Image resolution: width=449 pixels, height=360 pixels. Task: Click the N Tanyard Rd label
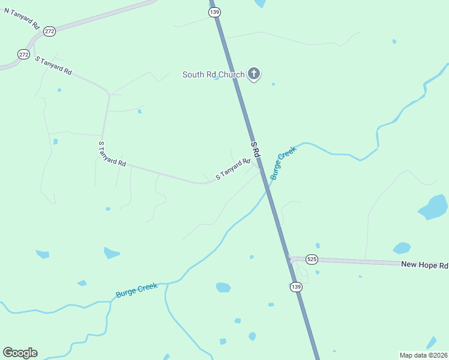tap(22, 19)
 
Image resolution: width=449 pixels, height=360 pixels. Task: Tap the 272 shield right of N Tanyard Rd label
tap(49, 31)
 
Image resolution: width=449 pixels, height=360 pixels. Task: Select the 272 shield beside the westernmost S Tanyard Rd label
tap(23, 54)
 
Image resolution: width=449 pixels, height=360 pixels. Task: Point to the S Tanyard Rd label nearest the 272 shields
tap(53, 65)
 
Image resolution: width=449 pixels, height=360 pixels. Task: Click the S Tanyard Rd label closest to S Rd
tap(232, 169)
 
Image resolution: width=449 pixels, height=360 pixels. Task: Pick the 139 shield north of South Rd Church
tap(214, 12)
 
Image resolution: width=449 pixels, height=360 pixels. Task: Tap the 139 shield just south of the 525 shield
tap(296, 287)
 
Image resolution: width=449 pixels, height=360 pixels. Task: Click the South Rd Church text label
tap(213, 75)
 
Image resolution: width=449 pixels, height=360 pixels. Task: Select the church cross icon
tap(254, 74)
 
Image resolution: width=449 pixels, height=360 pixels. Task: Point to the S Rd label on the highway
tap(255, 149)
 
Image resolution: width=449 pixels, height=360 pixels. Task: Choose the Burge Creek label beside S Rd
tap(283, 164)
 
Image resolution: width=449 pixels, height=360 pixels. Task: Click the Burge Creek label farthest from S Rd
tap(136, 290)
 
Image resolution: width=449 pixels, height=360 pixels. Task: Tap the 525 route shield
tap(311, 259)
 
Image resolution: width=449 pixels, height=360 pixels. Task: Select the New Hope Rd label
tap(424, 265)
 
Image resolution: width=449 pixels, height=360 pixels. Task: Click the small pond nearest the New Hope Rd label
tap(402, 248)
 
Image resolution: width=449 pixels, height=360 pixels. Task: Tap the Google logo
tap(20, 353)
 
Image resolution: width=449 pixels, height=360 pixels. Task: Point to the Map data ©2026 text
tap(423, 355)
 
